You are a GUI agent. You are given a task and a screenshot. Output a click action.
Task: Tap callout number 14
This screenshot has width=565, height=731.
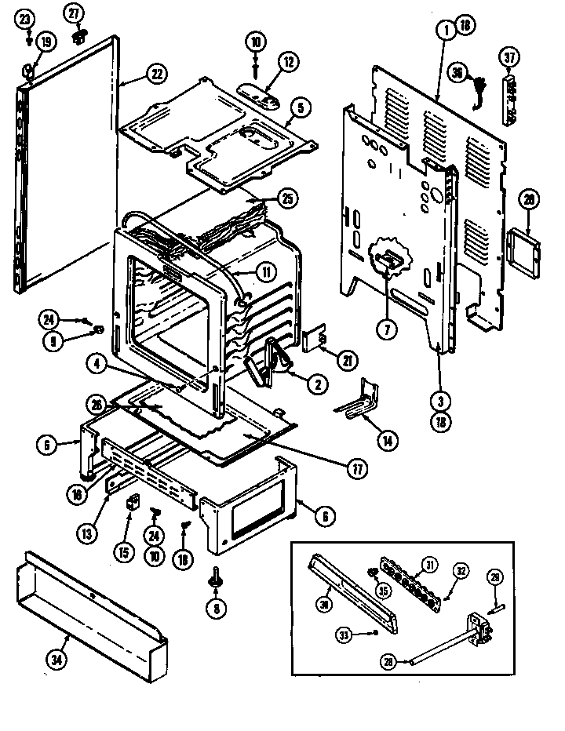tap(386, 441)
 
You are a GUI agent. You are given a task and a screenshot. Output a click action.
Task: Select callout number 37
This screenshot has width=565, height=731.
tap(511, 57)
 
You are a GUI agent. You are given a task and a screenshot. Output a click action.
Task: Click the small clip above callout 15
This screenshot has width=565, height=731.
tap(133, 501)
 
